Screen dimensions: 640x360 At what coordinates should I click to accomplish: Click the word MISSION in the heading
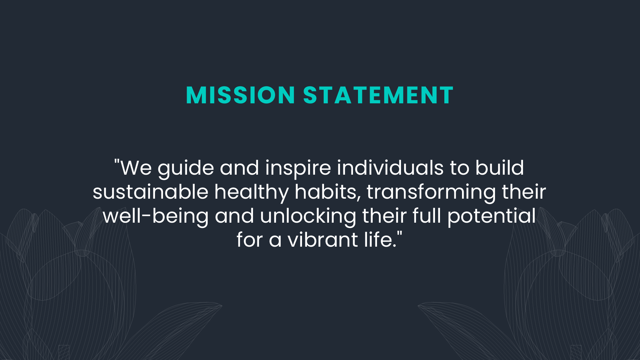[x=240, y=95]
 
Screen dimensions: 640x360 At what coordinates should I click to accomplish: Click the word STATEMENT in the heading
[x=378, y=95]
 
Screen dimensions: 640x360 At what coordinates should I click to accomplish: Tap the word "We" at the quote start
[x=136, y=168]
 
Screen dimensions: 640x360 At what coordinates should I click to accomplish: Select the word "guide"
[x=186, y=168]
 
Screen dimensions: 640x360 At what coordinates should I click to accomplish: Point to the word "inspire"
[x=298, y=168]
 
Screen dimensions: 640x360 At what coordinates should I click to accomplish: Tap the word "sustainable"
[x=150, y=192]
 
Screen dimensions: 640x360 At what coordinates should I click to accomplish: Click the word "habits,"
[x=328, y=192]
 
